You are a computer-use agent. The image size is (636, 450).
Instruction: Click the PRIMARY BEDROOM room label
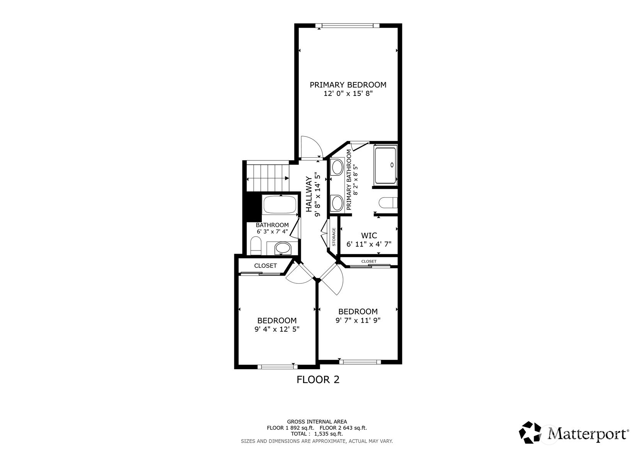coord(348,85)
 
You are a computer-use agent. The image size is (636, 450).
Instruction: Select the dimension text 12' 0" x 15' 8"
coord(348,94)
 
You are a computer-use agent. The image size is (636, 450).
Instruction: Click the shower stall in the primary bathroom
coord(385,165)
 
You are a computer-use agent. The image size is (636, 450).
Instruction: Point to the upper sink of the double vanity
coord(337,167)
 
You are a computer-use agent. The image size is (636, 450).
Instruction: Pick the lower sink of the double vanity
coord(337,203)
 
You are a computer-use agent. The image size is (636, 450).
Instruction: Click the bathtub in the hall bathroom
coord(280,205)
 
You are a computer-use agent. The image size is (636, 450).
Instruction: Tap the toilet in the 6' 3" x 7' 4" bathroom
coord(256,246)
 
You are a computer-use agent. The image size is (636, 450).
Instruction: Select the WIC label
coord(369,235)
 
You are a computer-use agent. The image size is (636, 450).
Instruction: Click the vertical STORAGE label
coord(334,237)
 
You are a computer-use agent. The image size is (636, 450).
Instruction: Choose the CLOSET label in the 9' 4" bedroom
coord(265,266)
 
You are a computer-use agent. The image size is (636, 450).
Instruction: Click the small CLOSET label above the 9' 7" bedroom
coord(369,261)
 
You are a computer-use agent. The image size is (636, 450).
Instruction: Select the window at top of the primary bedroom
coord(348,26)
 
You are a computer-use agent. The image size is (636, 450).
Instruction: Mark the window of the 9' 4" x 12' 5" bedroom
coord(275,366)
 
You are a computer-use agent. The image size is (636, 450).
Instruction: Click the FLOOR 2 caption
coord(318,380)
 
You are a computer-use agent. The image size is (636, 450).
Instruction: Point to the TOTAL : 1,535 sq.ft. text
coord(317,434)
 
